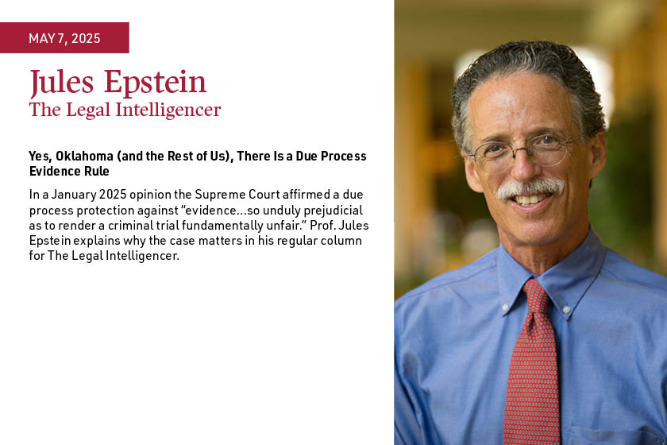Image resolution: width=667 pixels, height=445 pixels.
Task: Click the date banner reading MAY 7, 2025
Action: point(64,38)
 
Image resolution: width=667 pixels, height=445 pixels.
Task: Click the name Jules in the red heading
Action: point(62,82)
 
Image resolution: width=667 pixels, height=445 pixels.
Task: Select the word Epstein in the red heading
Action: point(156,82)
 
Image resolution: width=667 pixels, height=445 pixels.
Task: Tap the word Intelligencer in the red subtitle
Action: point(168,110)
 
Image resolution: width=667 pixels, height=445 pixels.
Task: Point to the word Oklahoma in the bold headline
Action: point(85,157)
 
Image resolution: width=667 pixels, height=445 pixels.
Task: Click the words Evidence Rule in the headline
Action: point(69,171)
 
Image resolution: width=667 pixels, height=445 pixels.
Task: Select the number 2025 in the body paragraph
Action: point(113,195)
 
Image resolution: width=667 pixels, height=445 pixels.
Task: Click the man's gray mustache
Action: point(530,188)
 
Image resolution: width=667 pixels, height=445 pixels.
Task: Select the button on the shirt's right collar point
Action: point(567,310)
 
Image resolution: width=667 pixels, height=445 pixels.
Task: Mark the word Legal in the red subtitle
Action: point(89,110)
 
